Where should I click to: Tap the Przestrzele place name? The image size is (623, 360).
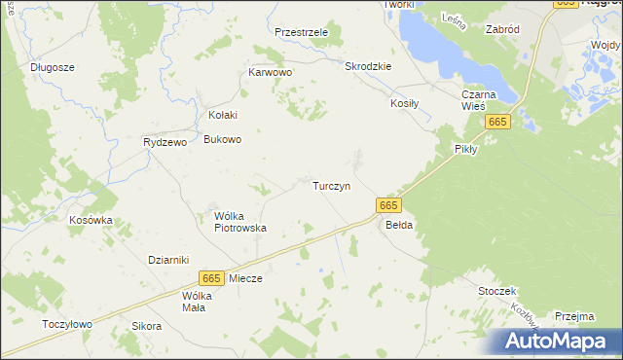[302, 32]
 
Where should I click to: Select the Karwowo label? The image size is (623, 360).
[271, 72]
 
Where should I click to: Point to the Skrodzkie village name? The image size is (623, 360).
[368, 66]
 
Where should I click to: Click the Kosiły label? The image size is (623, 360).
[404, 103]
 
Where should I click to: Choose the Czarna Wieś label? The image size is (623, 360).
[480, 100]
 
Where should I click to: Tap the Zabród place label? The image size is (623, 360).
[501, 30]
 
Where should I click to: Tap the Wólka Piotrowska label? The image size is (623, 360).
[240, 222]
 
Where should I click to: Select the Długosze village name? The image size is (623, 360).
[53, 67]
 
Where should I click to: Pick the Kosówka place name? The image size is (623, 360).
[91, 220]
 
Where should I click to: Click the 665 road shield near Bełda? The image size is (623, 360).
[387, 205]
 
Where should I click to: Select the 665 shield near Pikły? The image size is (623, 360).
[498, 121]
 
